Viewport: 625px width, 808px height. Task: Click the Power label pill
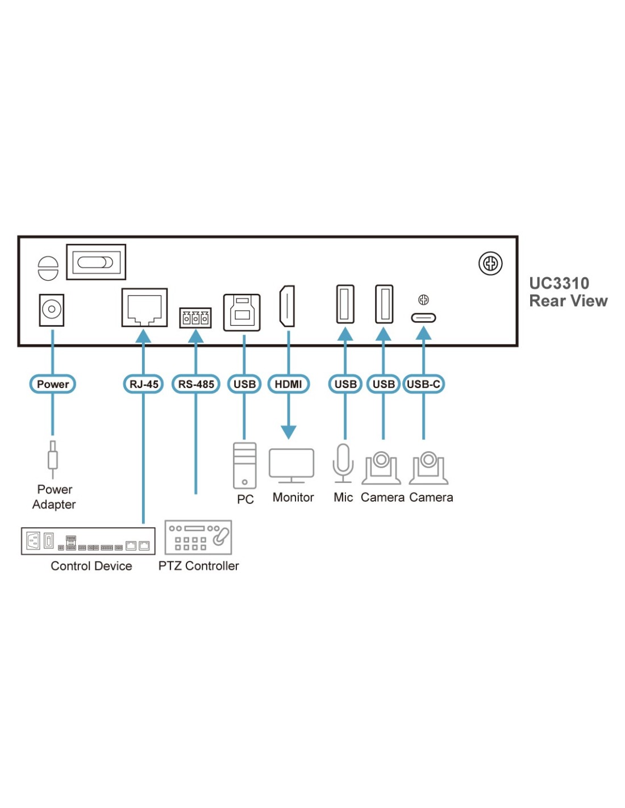pos(52,384)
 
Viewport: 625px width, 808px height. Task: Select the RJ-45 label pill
pos(144,384)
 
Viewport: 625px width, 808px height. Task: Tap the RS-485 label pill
pos(196,384)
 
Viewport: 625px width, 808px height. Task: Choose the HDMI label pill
pos(288,384)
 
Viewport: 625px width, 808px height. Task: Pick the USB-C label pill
pos(423,384)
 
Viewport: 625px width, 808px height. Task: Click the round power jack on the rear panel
pos(52,310)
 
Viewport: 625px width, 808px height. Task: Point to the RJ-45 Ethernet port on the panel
pos(144,307)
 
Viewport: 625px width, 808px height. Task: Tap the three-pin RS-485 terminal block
pos(195,318)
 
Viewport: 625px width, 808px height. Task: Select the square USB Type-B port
pos(242,312)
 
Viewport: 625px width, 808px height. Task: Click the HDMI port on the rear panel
pos(287,306)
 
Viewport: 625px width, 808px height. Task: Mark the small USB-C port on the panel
pos(423,318)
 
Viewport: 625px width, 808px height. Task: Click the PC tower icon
pos(245,465)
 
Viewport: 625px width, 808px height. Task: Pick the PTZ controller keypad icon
pos(198,537)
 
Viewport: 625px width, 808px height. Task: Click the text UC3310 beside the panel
pos(559,284)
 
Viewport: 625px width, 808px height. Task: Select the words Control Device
pos(91,566)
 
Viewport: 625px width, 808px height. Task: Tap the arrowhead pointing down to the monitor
pos(289,432)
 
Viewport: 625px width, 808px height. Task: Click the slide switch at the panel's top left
pos(95,262)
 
